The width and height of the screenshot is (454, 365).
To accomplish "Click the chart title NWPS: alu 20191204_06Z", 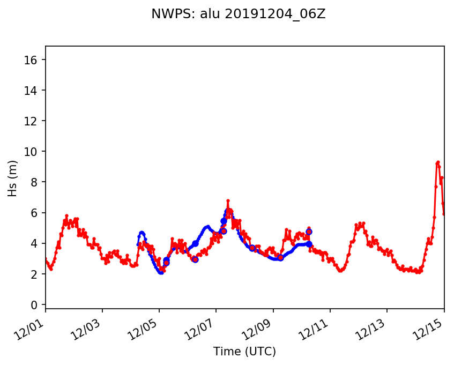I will pyautogui.click(x=239, y=14).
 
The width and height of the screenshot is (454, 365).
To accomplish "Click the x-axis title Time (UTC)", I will pyautogui.click(x=244, y=352).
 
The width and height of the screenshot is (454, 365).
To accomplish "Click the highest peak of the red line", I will pyautogui.click(x=438, y=162).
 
